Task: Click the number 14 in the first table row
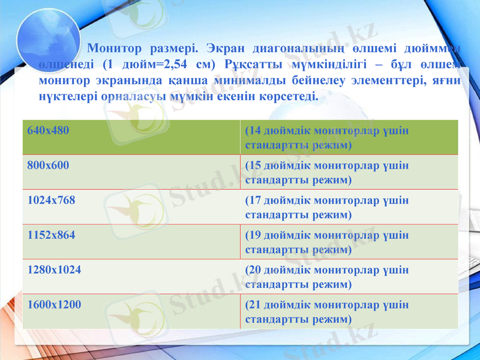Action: pos(255,131)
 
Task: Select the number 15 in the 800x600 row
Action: pos(255,166)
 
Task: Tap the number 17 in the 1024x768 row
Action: pos(255,200)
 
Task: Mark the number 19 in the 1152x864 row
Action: pos(255,235)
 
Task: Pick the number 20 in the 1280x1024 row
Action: pos(255,270)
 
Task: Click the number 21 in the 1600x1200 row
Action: pos(255,305)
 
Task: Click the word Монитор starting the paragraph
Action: pos(115,48)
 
